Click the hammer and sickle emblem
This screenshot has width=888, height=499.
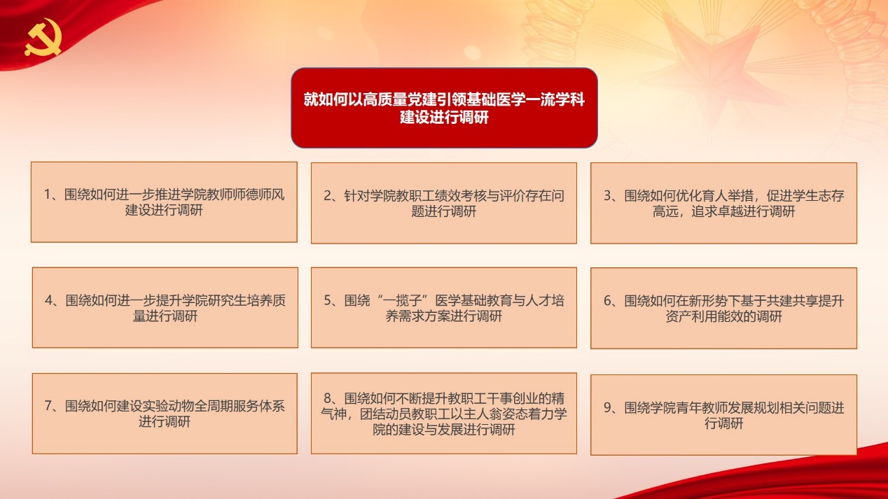click(x=43, y=37)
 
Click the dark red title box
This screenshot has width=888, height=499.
click(x=444, y=108)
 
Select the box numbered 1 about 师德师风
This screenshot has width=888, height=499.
click(x=164, y=202)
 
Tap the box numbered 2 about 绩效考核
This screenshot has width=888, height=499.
click(x=444, y=203)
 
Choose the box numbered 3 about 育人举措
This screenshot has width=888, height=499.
click(x=724, y=203)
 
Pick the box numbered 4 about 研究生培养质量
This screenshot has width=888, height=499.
click(x=165, y=308)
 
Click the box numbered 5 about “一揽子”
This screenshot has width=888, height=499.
click(x=444, y=308)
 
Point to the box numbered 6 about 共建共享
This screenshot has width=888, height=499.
click(x=724, y=308)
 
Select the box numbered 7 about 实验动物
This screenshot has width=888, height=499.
click(x=165, y=414)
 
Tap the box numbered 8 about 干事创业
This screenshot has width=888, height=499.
click(x=444, y=414)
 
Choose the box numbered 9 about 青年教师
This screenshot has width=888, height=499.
click(x=724, y=414)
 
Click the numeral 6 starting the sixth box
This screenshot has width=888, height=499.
click(x=607, y=301)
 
